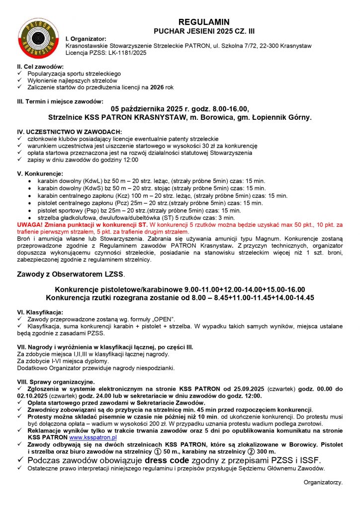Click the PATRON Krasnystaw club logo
tap(37, 37)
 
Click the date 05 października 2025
tap(149, 109)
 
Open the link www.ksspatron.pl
tap(92, 437)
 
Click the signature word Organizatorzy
tap(323, 482)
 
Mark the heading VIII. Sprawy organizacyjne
tap(56, 381)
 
